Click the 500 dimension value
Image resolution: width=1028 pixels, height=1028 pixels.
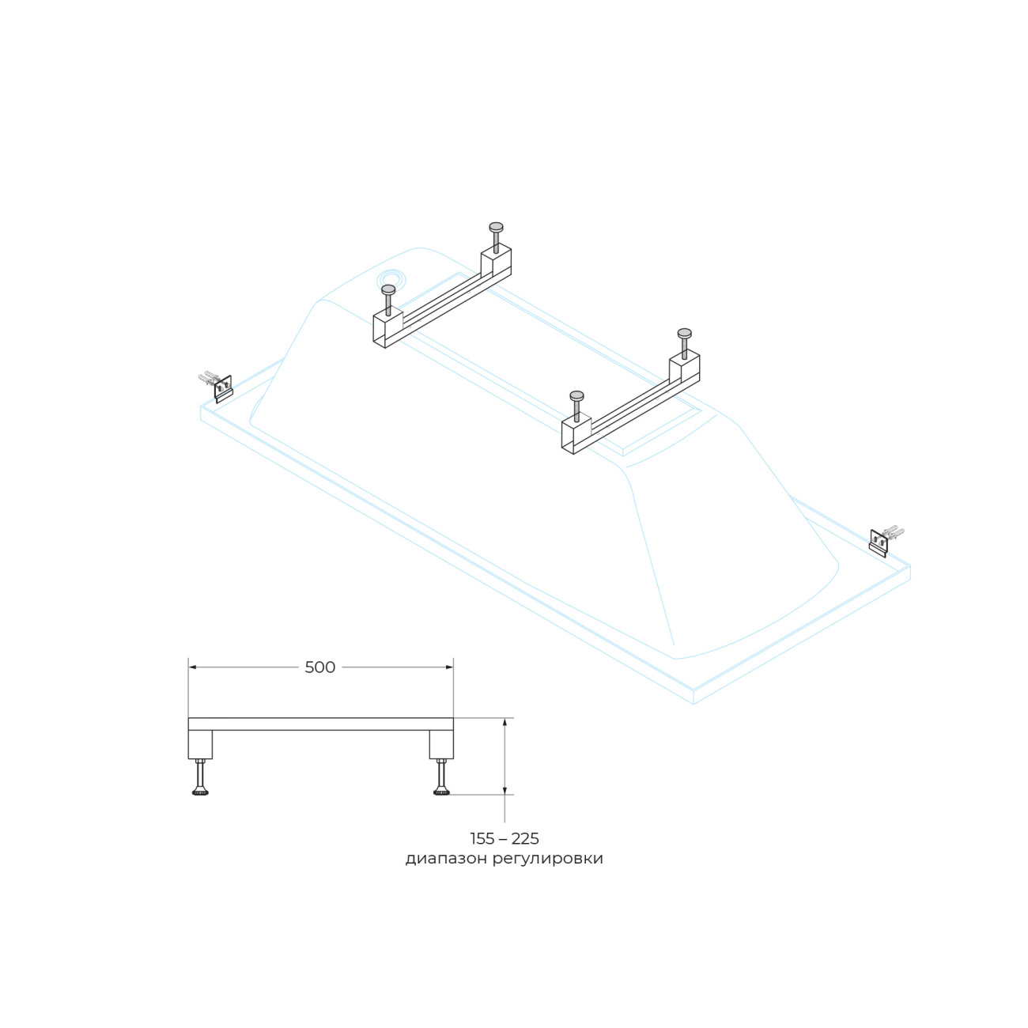[x=319, y=667]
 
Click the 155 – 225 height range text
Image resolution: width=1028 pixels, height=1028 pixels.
[x=505, y=839]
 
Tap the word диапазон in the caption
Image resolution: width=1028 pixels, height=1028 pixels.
[x=446, y=859]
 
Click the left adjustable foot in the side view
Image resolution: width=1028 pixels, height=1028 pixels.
[x=200, y=777]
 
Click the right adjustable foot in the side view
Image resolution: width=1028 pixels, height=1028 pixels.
[x=441, y=777]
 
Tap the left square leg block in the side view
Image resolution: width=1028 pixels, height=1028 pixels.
[x=200, y=744]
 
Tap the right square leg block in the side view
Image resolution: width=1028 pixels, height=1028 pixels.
[x=441, y=744]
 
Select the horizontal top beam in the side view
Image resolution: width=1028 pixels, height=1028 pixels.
[x=320, y=724]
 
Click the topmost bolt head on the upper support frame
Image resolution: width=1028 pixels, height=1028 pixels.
[x=496, y=227]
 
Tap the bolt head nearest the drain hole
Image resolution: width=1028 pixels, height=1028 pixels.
[x=388, y=289]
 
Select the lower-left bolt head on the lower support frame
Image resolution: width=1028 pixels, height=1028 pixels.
[x=576, y=396]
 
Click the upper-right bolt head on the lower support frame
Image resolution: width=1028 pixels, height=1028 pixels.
[x=685, y=334]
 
